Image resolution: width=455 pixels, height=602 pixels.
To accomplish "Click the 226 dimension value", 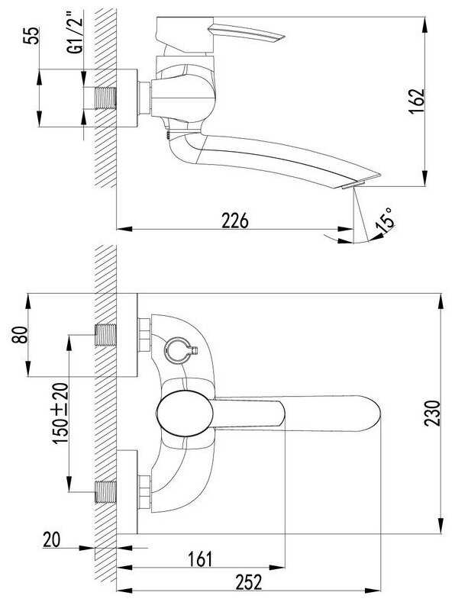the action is (235, 221).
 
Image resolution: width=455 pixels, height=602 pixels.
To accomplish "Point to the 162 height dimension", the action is (417, 101).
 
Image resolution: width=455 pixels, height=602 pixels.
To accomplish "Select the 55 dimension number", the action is (31, 36).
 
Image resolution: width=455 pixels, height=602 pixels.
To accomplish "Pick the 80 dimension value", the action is (20, 334).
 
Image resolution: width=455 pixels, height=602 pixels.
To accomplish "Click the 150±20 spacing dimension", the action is (61, 414).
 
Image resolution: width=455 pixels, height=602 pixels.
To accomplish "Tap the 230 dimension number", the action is (432, 413).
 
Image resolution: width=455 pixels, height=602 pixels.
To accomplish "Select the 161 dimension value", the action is (200, 559).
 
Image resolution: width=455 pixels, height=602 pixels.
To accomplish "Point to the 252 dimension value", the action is (249, 582).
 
